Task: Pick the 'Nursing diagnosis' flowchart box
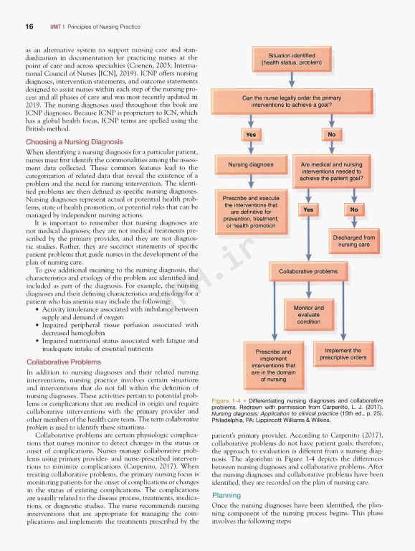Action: [x=250, y=164]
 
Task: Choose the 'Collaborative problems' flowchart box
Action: [x=307, y=272]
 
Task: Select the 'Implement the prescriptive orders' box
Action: [x=343, y=354]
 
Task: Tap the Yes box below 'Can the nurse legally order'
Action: [x=250, y=134]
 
